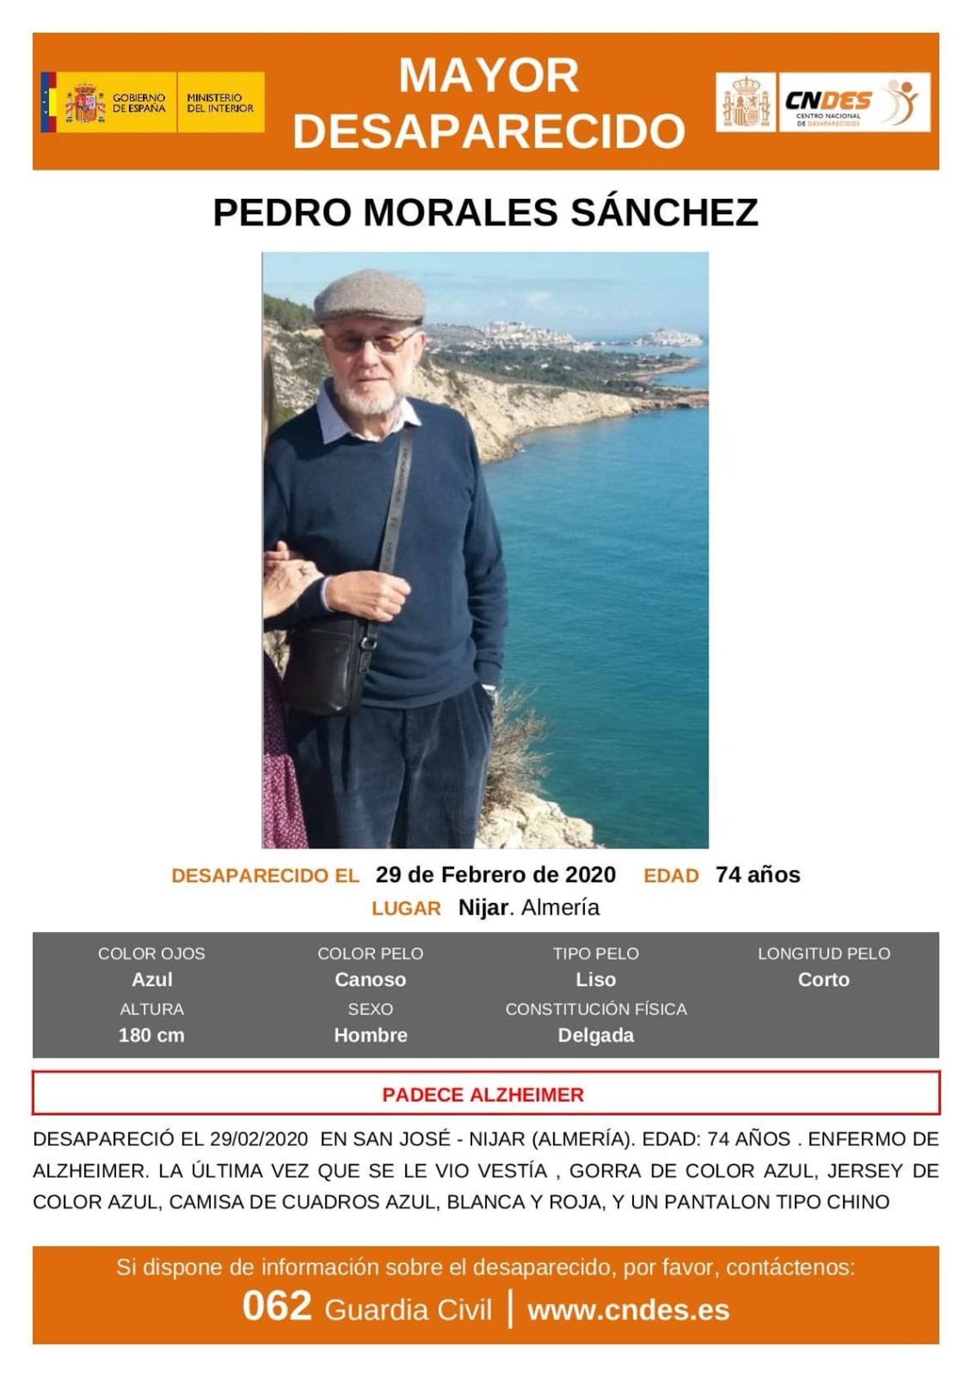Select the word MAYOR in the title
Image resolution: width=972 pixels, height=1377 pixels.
coord(488,75)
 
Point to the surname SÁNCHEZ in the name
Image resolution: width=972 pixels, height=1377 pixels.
coord(664,212)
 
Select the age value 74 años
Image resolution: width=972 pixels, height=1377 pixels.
coord(757,875)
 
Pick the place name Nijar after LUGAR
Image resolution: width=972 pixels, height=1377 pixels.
coord(482,908)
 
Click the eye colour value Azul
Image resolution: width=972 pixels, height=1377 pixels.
coord(152,980)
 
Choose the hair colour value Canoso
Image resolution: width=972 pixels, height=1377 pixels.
coord(370,980)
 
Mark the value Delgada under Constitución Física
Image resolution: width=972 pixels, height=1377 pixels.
coord(595,1035)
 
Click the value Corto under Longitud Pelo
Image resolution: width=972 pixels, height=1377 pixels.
coord(823,980)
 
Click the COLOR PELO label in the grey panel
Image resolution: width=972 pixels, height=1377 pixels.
coord(370,954)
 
